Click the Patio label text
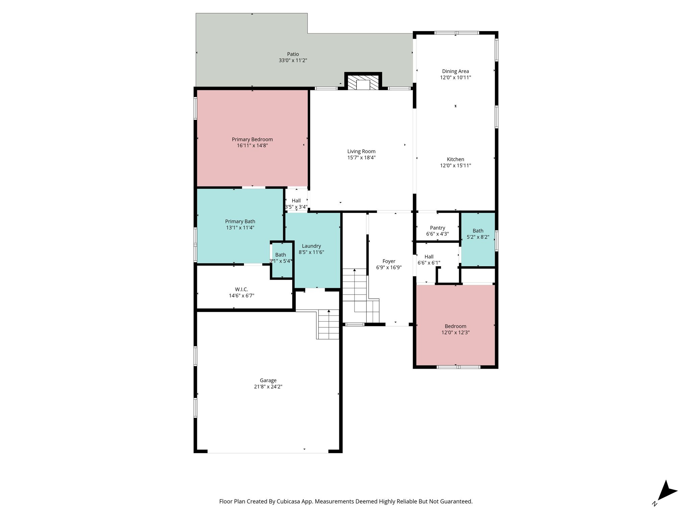click(x=293, y=54)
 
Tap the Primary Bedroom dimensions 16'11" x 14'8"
click(x=252, y=146)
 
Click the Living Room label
click(x=361, y=151)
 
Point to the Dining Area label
click(x=455, y=71)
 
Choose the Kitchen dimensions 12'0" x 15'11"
click(x=455, y=166)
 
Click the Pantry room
click(x=437, y=228)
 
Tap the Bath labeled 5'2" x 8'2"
click(x=478, y=234)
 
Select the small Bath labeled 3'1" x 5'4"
click(x=281, y=258)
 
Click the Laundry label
click(x=311, y=246)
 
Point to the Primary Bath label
click(x=240, y=222)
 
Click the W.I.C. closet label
click(x=241, y=290)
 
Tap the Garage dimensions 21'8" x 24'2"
click(x=268, y=387)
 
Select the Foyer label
click(x=389, y=261)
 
